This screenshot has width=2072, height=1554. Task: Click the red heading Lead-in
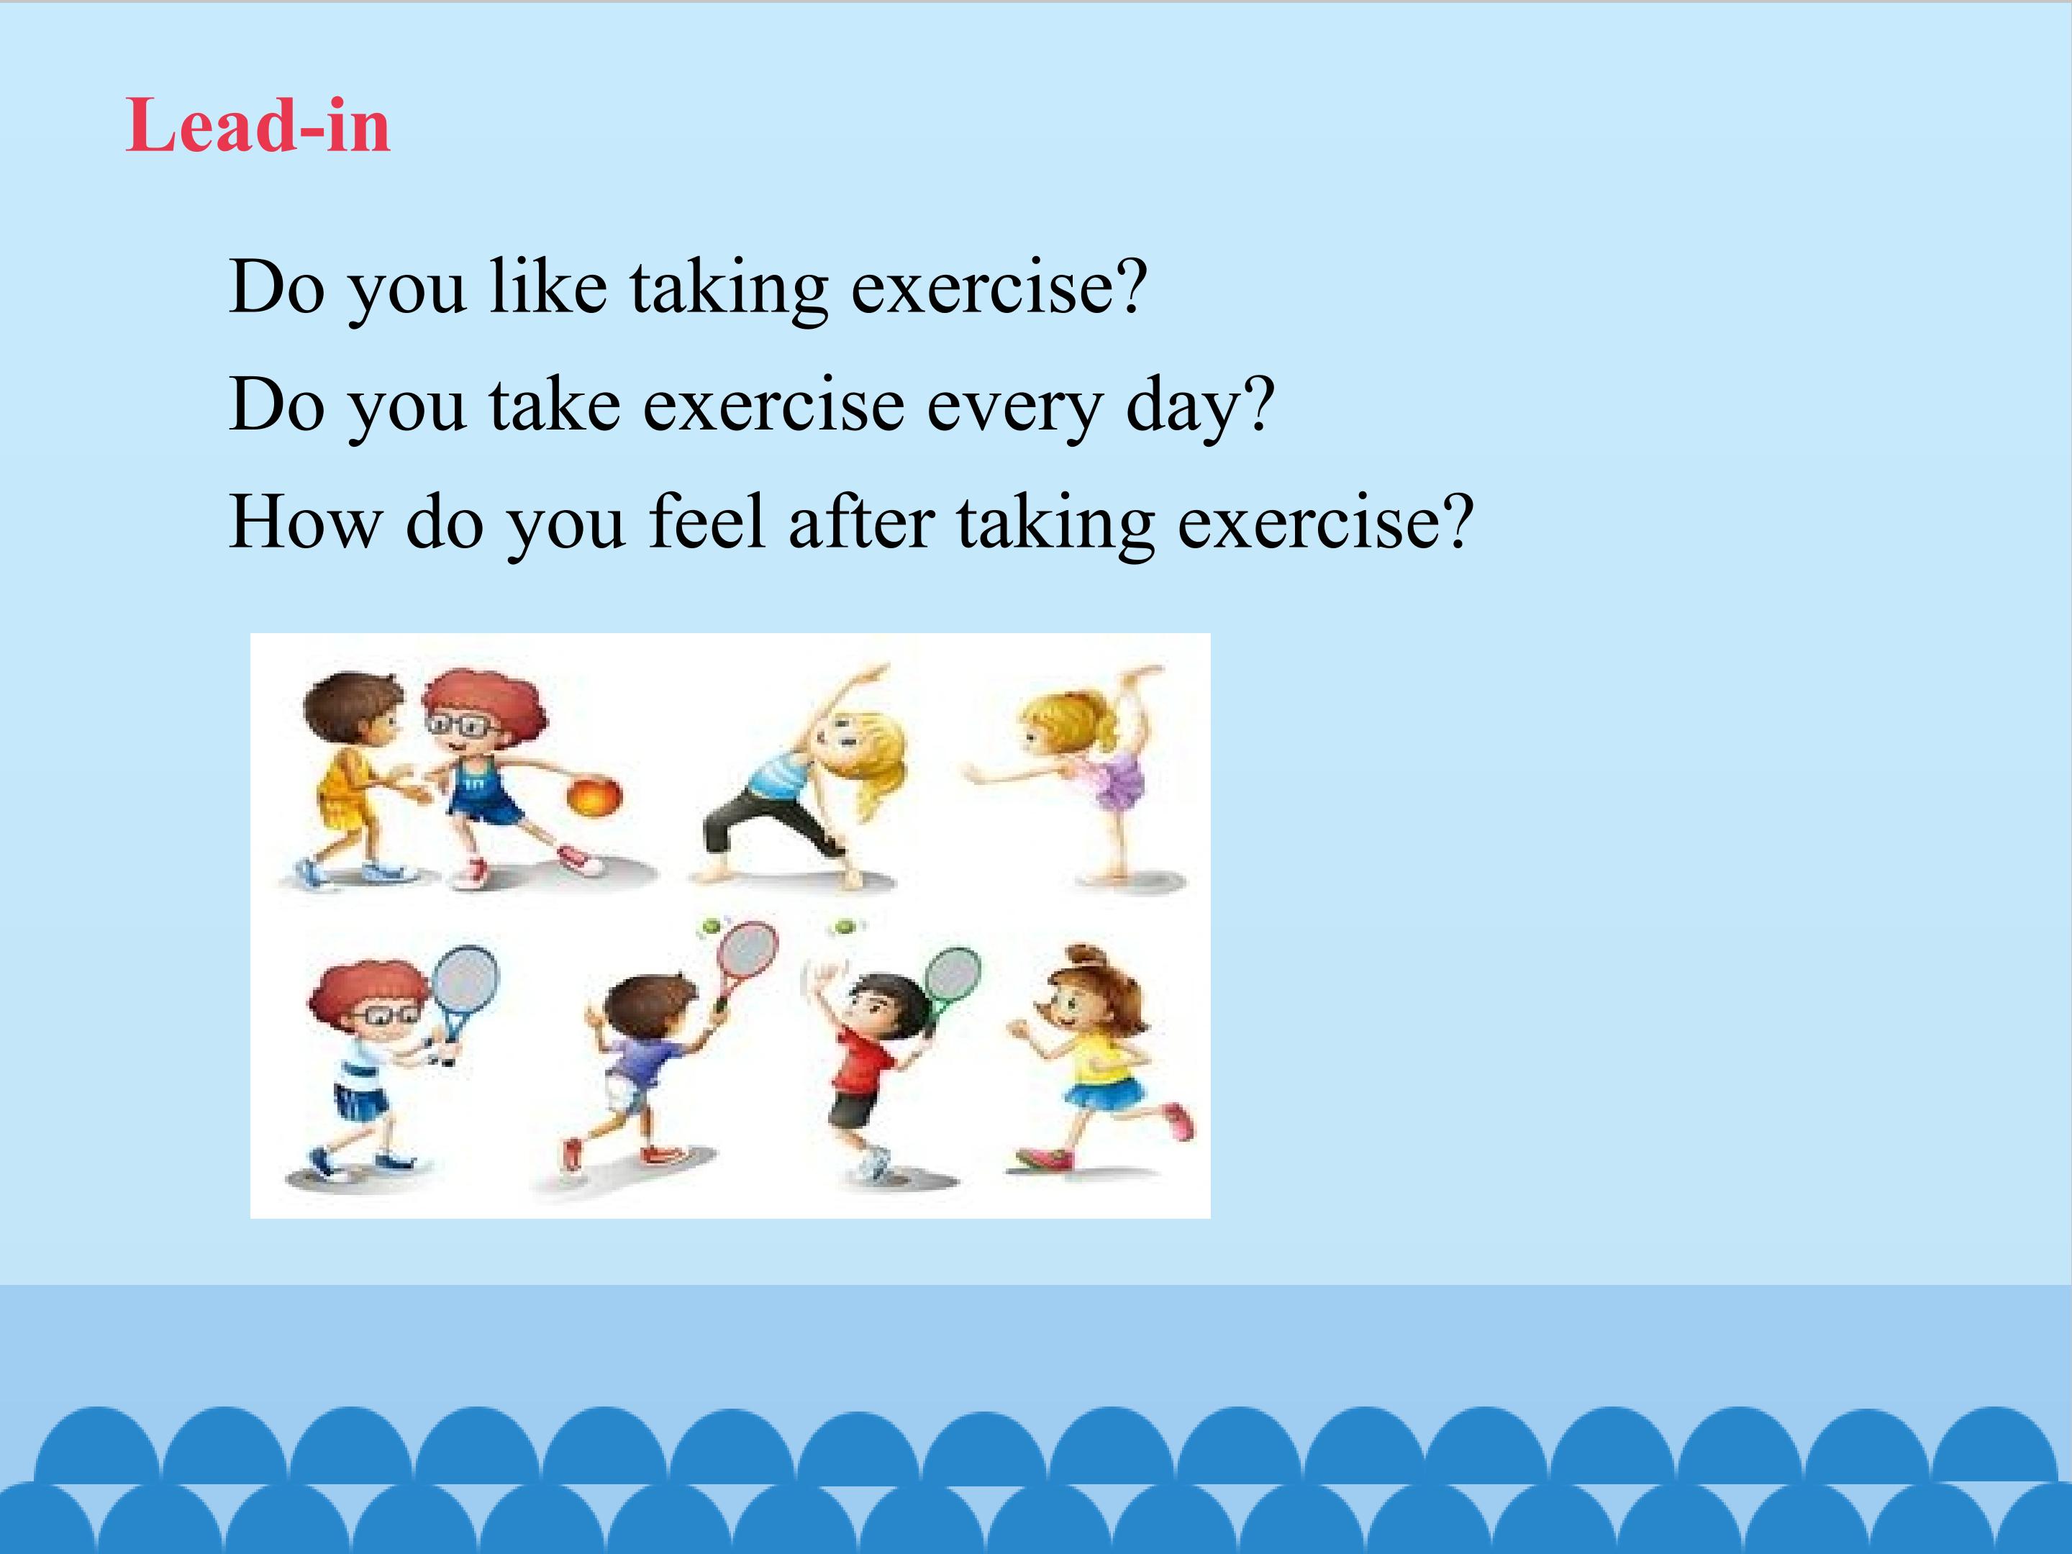(x=258, y=124)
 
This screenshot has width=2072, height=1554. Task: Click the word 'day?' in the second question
(x=1200, y=406)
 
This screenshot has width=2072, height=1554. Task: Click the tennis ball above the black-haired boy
(x=847, y=928)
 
